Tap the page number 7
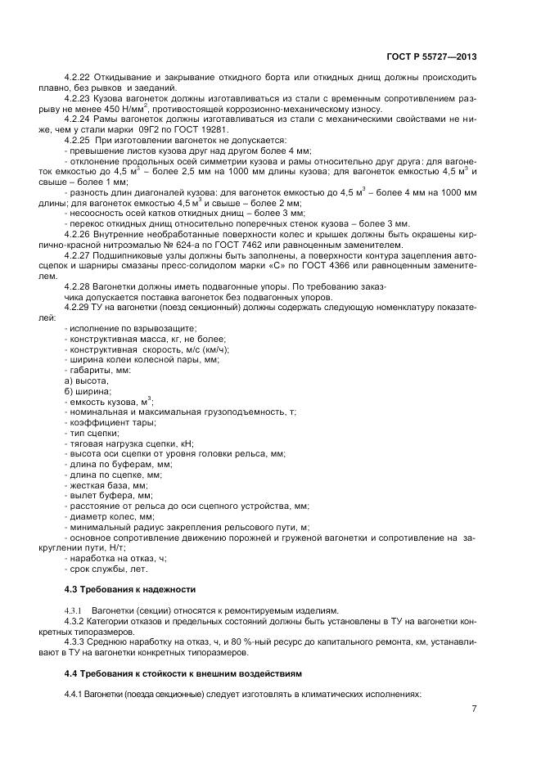tap(475, 709)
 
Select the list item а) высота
tap(85, 380)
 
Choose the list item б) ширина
tap(87, 391)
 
